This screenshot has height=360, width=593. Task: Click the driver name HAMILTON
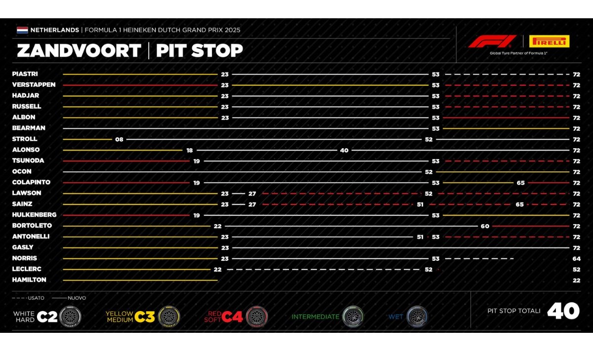click(29, 280)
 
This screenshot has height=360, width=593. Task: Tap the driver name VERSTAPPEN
click(34, 84)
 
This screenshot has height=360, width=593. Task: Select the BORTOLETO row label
click(32, 226)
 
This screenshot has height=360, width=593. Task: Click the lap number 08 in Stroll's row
click(119, 139)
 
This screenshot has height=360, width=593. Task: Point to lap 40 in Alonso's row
click(344, 150)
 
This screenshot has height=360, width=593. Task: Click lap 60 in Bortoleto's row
click(485, 226)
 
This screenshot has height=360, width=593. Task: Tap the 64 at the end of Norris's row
click(576, 258)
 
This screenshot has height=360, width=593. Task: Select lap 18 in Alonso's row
click(190, 150)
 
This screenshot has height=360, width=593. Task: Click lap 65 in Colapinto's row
click(520, 183)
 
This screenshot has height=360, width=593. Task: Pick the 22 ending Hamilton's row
click(576, 280)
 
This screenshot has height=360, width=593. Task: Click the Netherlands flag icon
click(22, 30)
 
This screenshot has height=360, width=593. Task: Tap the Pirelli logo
click(549, 41)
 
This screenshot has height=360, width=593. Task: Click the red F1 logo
click(492, 41)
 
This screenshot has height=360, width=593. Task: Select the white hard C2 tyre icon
click(70, 316)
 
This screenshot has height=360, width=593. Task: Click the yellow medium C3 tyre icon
click(169, 316)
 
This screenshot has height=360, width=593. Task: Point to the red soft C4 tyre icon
click(256, 316)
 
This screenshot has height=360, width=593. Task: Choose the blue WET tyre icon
click(417, 316)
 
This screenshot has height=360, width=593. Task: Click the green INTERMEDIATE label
click(315, 317)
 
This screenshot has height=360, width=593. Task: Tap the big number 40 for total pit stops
click(563, 311)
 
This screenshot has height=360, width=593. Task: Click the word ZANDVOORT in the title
click(79, 51)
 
